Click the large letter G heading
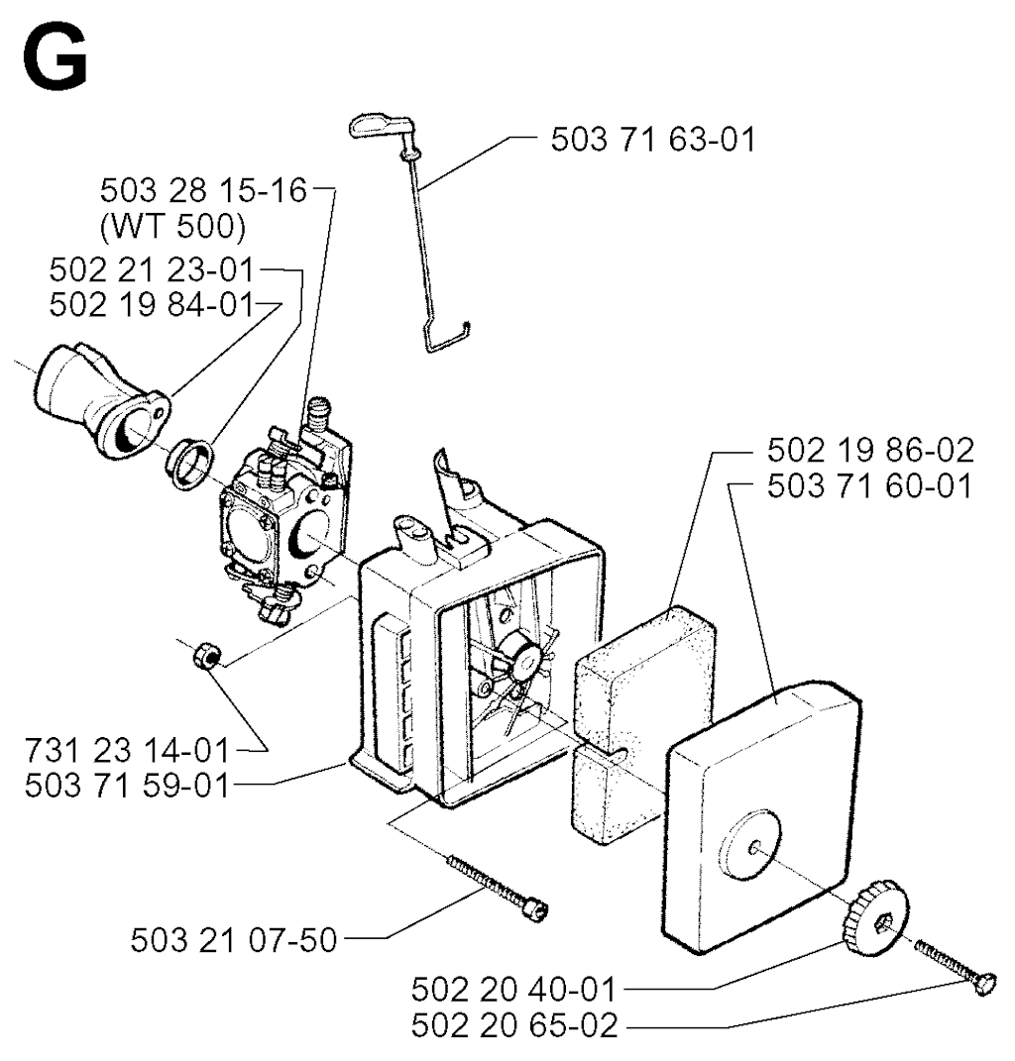point(55,60)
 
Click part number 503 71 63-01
point(653,140)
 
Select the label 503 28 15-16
point(204,190)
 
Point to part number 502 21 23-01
point(152,270)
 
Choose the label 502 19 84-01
point(152,305)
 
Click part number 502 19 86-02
point(870,450)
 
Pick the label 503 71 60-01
point(870,485)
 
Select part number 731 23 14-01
point(127,750)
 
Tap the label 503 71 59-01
point(127,787)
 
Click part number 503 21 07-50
point(234,940)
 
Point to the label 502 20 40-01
point(513,990)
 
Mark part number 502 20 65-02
point(514,1025)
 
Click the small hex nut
point(205,657)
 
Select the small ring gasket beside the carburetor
point(190,464)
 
